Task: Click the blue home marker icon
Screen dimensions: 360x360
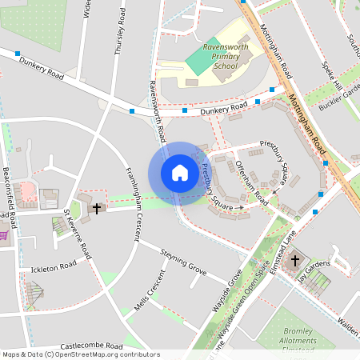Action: tap(180, 173)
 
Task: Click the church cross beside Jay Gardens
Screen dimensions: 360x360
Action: tap(294, 260)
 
